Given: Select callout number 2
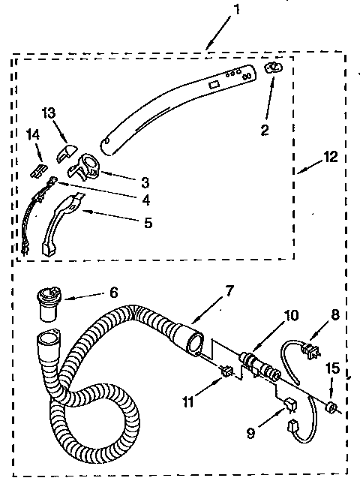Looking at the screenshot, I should click(x=264, y=130).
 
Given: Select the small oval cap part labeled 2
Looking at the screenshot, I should click(x=274, y=68).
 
